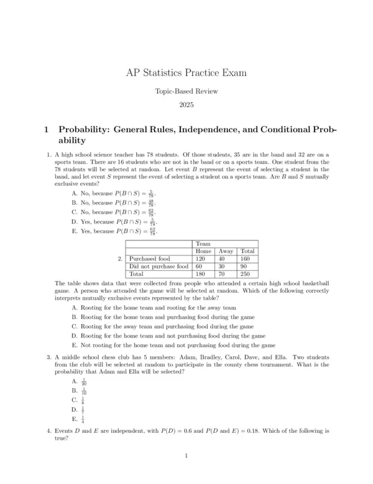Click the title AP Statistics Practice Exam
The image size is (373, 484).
[x=186, y=73]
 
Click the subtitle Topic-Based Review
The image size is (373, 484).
[x=186, y=92]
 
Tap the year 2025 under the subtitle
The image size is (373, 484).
[x=186, y=105]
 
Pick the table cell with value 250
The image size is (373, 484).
[x=247, y=273]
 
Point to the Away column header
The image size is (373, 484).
[x=226, y=250]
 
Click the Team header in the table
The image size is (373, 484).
[x=203, y=244]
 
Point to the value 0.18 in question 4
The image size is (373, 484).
[x=255, y=431]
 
